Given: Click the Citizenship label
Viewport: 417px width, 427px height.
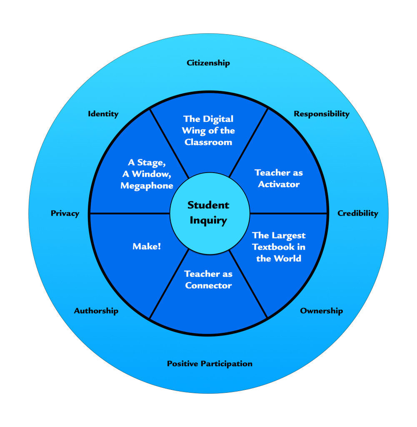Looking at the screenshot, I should coord(208,63).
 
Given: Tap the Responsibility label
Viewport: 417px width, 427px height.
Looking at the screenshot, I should coord(322,114).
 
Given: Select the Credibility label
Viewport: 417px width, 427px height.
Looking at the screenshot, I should coord(358,213).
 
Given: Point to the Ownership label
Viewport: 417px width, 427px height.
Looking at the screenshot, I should coord(322,311).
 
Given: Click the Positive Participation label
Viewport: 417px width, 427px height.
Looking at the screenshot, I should coord(210,364).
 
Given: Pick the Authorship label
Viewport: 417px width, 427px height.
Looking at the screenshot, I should coord(96,311).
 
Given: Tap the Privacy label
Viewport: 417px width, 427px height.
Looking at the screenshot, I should coord(65,213).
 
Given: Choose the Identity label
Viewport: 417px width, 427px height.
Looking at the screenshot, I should coord(103,114).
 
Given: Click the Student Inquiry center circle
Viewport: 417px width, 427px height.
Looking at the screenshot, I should coord(208,213).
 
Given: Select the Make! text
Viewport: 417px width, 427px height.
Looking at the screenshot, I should coord(147,246).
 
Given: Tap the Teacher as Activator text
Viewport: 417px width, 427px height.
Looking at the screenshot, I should coord(279,178).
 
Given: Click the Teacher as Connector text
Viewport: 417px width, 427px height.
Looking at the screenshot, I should coord(208,279).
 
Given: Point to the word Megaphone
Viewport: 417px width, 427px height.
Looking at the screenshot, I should coord(147,186).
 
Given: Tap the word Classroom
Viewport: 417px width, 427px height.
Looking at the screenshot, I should coord(208,142).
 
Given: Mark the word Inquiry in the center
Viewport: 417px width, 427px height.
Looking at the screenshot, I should coord(208,220).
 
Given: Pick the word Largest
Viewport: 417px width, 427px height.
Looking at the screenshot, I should coord(289,236).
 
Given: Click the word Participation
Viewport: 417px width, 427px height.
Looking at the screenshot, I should coord(227,364).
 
